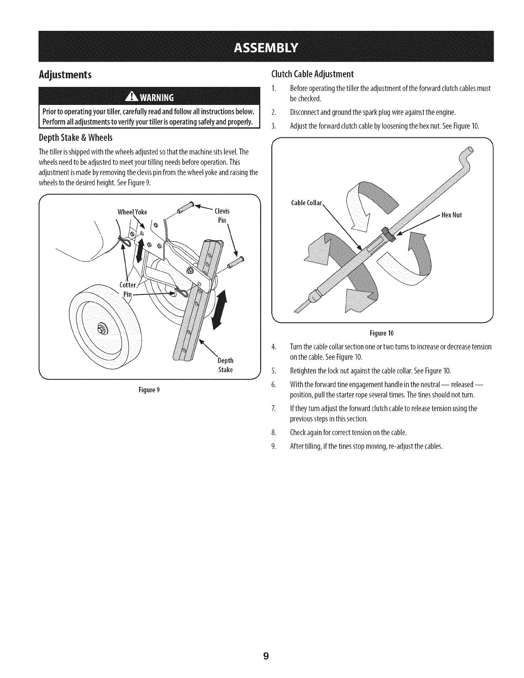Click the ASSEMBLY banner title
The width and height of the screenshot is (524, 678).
(x=262, y=47)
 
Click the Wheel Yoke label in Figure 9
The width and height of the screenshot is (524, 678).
(x=132, y=212)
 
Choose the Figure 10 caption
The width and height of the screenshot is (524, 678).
(x=382, y=333)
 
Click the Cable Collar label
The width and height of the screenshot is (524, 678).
(x=306, y=203)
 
